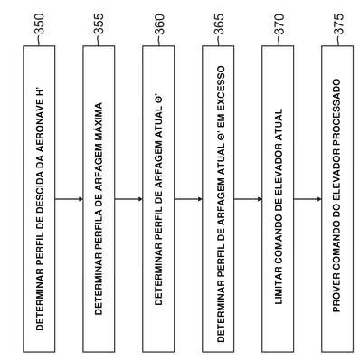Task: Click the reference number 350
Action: pyautogui.click(x=39, y=24)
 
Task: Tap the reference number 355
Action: pyautogui.click(x=99, y=24)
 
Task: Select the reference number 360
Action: pyautogui.click(x=159, y=24)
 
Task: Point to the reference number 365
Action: pyautogui.click(x=219, y=24)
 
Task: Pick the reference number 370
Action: pyautogui.click(x=279, y=24)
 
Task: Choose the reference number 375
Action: pyautogui.click(x=338, y=24)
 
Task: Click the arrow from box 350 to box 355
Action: pyautogui.click(x=69, y=199)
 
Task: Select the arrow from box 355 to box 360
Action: pyautogui.click(x=128, y=199)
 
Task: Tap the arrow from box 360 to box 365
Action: pyautogui.click(x=188, y=199)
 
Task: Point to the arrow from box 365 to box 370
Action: pyautogui.click(x=248, y=199)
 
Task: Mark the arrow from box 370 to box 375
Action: pyautogui.click(x=308, y=199)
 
